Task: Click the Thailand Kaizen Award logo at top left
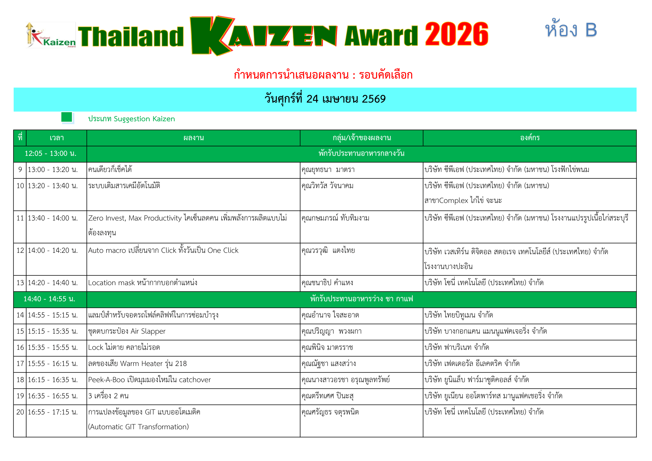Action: tap(51, 35)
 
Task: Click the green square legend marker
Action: tap(67, 117)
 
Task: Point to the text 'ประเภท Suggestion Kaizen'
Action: tap(132, 119)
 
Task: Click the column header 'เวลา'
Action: tap(57, 138)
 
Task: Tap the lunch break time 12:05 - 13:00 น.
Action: tap(50, 154)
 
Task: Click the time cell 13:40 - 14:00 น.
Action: tap(52, 218)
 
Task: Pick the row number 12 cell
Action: tap(20, 251)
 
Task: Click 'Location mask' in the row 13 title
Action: tap(111, 283)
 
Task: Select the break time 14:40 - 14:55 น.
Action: tap(49, 299)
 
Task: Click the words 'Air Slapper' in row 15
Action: tap(148, 332)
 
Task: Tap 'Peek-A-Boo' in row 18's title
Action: tap(106, 380)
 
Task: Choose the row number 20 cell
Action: tap(20, 412)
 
